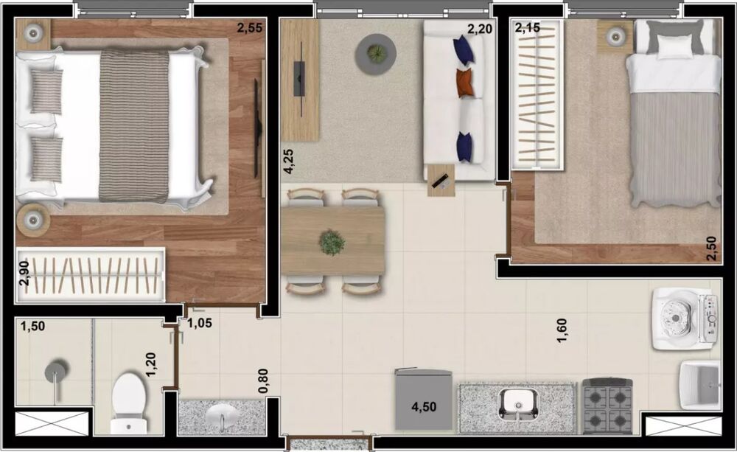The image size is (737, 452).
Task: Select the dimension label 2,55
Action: pos(249,29)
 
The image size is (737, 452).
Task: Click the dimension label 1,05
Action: pos(199,322)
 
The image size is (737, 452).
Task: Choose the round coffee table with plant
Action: pos(376,54)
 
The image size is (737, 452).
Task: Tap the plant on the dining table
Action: pos(332,242)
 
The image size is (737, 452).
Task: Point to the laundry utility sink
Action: pos(700,384)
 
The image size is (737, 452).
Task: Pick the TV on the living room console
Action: pos(299,77)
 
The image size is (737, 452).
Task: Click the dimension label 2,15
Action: pos(527,29)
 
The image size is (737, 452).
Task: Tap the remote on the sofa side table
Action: pos(440,181)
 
